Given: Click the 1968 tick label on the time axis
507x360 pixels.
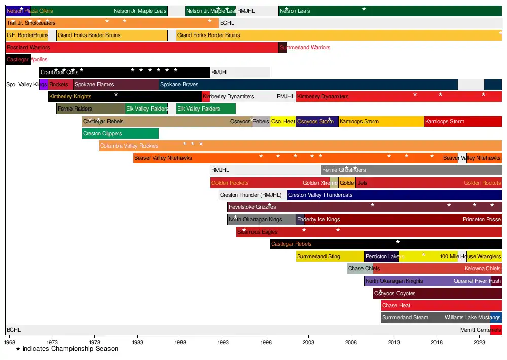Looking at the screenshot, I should coord(10,343).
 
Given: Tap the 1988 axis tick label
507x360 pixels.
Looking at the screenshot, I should coord(180,343).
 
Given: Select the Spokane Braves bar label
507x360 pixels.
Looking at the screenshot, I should coord(179,84).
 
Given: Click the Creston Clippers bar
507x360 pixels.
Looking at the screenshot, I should coord(120,134).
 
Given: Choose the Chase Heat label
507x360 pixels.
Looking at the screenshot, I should coord(396,306).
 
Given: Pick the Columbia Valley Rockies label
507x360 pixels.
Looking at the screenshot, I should coord(129,146).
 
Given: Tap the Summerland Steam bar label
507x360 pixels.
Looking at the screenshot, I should coord(405,318).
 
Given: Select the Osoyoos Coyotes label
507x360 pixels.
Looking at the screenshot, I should coord(394,294).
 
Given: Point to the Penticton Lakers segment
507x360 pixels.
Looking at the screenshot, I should coord(381,257).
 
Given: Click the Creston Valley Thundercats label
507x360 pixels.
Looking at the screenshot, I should coord(320,195).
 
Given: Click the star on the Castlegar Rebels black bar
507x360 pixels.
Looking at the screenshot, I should coord(397,242).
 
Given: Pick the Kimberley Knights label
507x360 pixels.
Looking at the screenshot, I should coord(70,96).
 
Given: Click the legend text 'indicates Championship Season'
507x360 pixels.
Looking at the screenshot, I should coord(70,349).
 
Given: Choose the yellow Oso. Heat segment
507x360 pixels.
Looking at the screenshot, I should coord(283,122).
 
